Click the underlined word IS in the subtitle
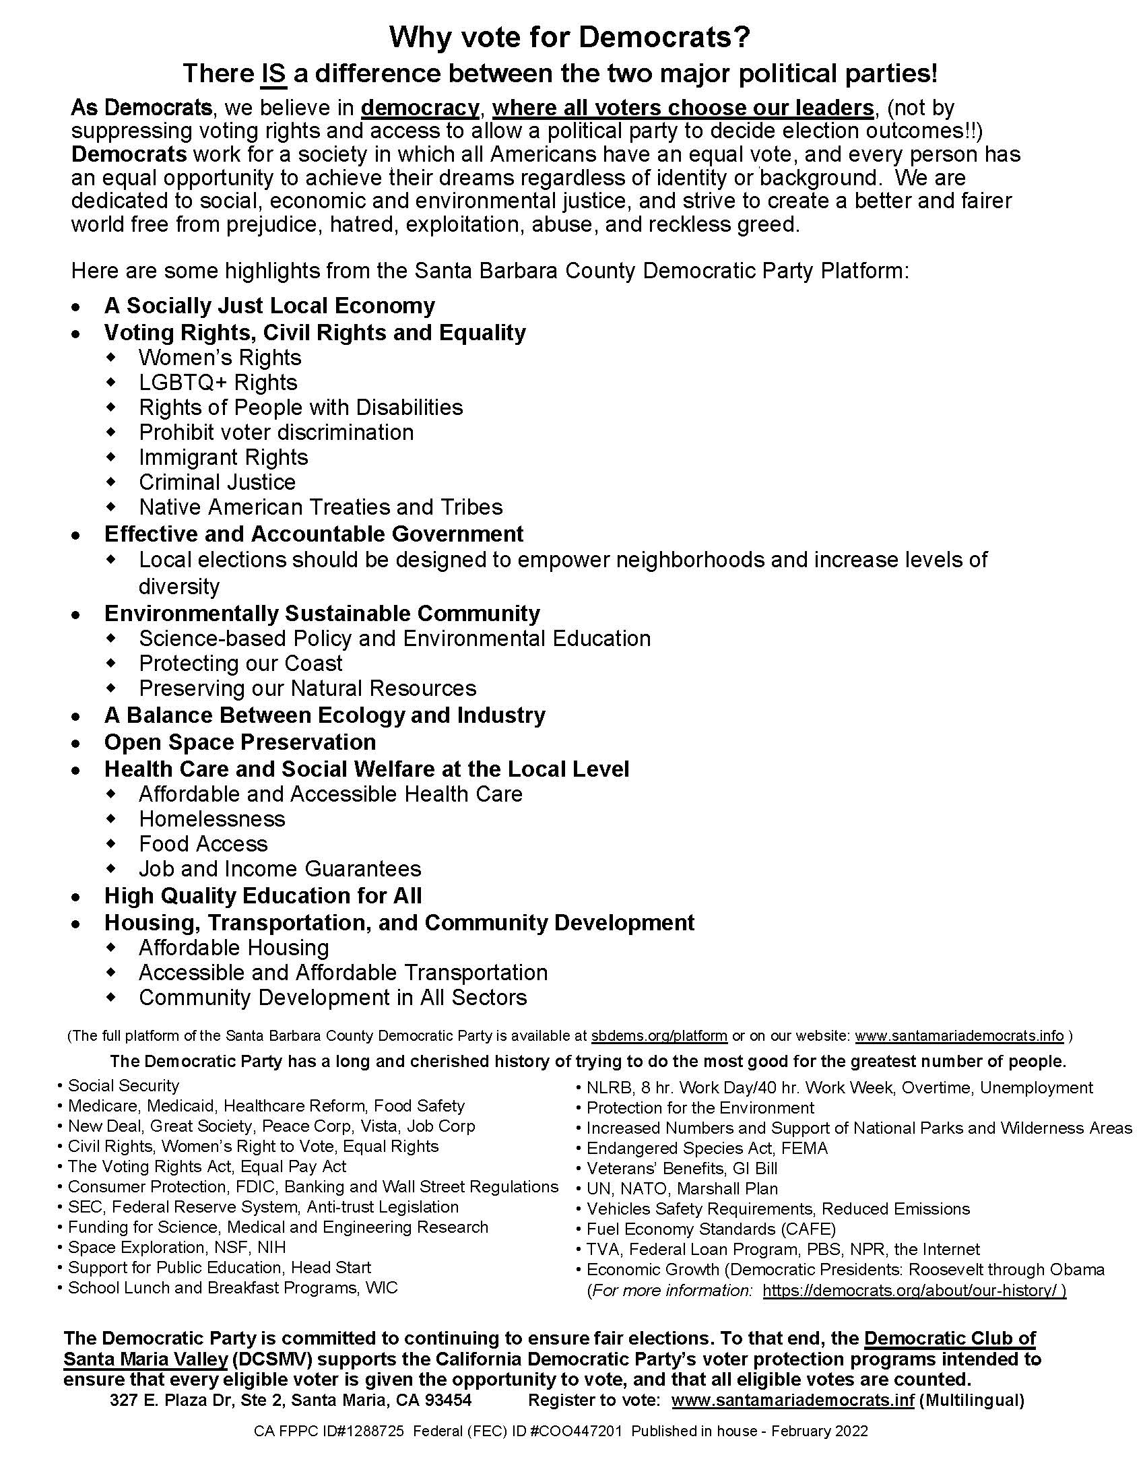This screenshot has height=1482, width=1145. (x=273, y=73)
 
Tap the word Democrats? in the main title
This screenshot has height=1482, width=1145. (x=664, y=38)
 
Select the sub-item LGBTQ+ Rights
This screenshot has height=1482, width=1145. (x=218, y=383)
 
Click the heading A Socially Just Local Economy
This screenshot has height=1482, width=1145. (x=269, y=306)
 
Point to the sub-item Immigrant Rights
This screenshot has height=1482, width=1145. (x=223, y=457)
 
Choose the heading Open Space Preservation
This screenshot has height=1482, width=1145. (x=240, y=742)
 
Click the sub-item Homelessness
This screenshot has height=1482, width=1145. (x=211, y=819)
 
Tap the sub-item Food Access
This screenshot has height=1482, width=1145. (x=203, y=844)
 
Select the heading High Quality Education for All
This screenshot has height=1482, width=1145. (x=263, y=896)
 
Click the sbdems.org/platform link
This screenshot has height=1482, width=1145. (x=659, y=1036)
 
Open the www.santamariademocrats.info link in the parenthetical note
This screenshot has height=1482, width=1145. (x=959, y=1036)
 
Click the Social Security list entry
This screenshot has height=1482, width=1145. (x=123, y=1086)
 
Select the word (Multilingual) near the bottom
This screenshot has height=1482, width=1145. (x=971, y=1400)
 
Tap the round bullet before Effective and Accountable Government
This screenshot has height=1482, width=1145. (x=77, y=536)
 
